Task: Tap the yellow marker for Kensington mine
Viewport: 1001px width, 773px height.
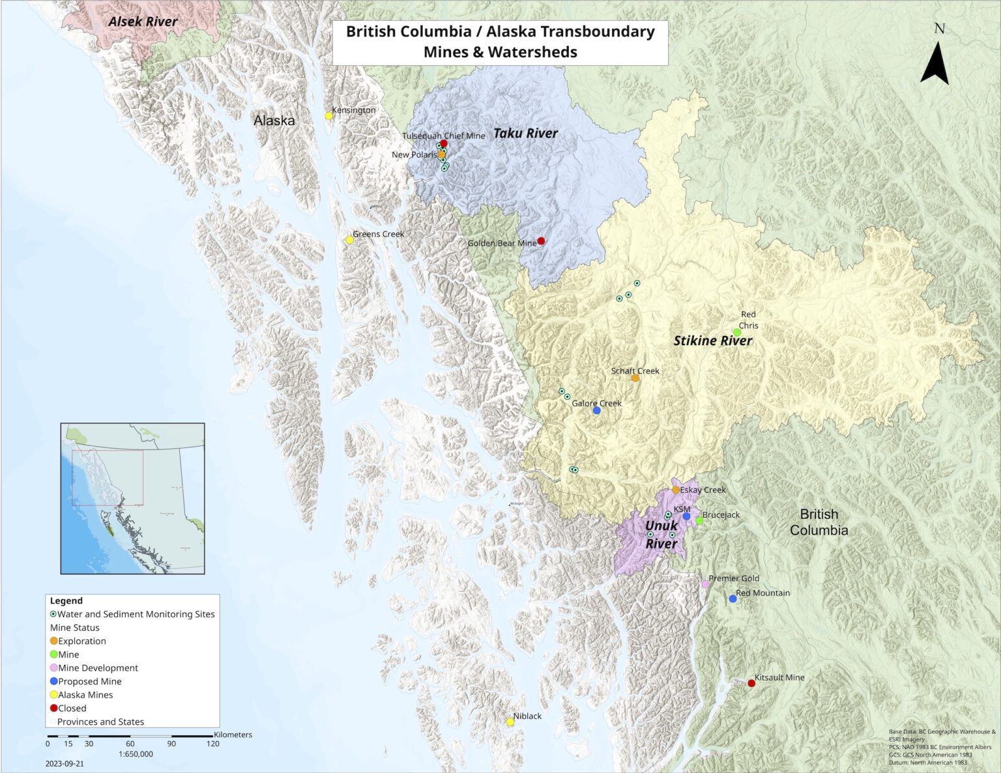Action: click(329, 116)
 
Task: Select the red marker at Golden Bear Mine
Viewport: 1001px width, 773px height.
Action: click(541, 241)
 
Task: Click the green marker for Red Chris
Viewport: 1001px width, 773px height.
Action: click(737, 333)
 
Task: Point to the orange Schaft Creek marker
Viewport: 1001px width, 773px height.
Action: click(635, 378)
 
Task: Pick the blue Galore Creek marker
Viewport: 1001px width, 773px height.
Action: click(597, 411)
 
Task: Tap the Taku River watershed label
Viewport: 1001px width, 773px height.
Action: click(525, 134)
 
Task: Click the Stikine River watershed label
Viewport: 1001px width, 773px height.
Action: click(712, 341)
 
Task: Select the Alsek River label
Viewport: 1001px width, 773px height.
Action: click(143, 21)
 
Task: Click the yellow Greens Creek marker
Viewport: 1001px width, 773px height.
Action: click(349, 240)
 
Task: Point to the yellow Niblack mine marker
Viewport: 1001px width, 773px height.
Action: click(510, 722)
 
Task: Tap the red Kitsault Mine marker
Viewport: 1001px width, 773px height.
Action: click(751, 683)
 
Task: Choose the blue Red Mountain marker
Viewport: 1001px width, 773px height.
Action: click(733, 598)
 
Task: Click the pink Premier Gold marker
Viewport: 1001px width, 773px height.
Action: click(705, 584)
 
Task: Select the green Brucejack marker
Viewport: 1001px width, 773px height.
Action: click(699, 521)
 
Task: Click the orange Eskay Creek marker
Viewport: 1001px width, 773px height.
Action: click(676, 490)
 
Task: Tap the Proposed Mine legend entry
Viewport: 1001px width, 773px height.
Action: click(89, 681)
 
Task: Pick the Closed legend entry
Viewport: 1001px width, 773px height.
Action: click(72, 708)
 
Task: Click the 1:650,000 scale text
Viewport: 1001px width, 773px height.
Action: click(136, 754)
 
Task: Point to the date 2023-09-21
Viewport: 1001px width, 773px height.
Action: click(65, 763)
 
